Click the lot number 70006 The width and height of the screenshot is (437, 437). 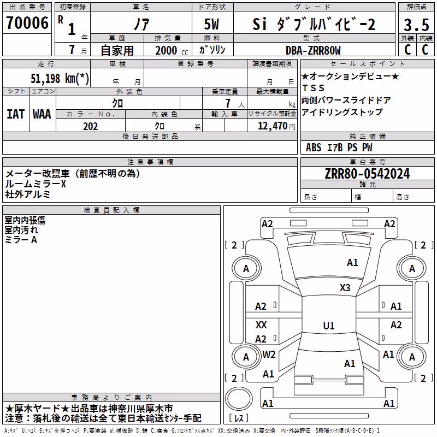[x=27, y=23]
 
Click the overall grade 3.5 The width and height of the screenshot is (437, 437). [x=416, y=25]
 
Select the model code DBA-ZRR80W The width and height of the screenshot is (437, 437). [x=313, y=50]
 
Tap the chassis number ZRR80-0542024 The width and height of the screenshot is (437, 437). [x=367, y=174]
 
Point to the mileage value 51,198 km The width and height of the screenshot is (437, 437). [x=60, y=78]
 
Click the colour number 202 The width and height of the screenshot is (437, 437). [x=90, y=126]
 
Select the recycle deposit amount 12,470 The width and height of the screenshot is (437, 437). [x=272, y=126]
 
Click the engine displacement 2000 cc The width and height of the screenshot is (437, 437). [x=172, y=51]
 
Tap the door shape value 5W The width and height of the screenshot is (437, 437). [x=211, y=24]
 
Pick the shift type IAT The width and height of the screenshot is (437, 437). [x=15, y=114]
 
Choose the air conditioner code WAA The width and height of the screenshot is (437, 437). [x=42, y=114]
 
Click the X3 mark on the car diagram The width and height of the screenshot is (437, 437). [x=345, y=288]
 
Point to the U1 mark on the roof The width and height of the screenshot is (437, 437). [x=329, y=326]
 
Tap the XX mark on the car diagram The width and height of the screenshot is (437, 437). [x=261, y=324]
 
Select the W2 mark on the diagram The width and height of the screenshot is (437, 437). [x=269, y=355]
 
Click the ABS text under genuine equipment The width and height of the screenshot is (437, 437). [x=314, y=147]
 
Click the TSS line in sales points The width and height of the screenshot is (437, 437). [x=314, y=88]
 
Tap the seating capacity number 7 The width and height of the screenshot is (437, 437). [x=228, y=103]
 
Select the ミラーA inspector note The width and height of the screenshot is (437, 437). [x=21, y=240]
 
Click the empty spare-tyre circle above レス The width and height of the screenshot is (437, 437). [x=239, y=399]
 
